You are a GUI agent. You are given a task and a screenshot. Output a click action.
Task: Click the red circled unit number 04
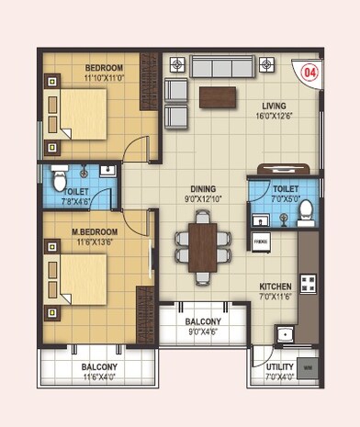pos(309,71)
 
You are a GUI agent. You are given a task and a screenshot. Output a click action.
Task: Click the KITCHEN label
pos(276,286)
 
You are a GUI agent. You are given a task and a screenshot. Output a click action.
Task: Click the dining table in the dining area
pos(203,245)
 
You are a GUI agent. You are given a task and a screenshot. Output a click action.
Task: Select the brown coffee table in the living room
pos(217,95)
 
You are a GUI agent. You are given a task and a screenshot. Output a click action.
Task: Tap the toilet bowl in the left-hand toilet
pos(60,177)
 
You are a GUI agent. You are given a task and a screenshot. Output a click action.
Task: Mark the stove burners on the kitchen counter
pos(309,275)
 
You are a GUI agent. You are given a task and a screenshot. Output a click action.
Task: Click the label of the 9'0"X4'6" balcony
pos(202,322)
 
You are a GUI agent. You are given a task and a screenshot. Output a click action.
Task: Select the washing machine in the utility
pos(307,369)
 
